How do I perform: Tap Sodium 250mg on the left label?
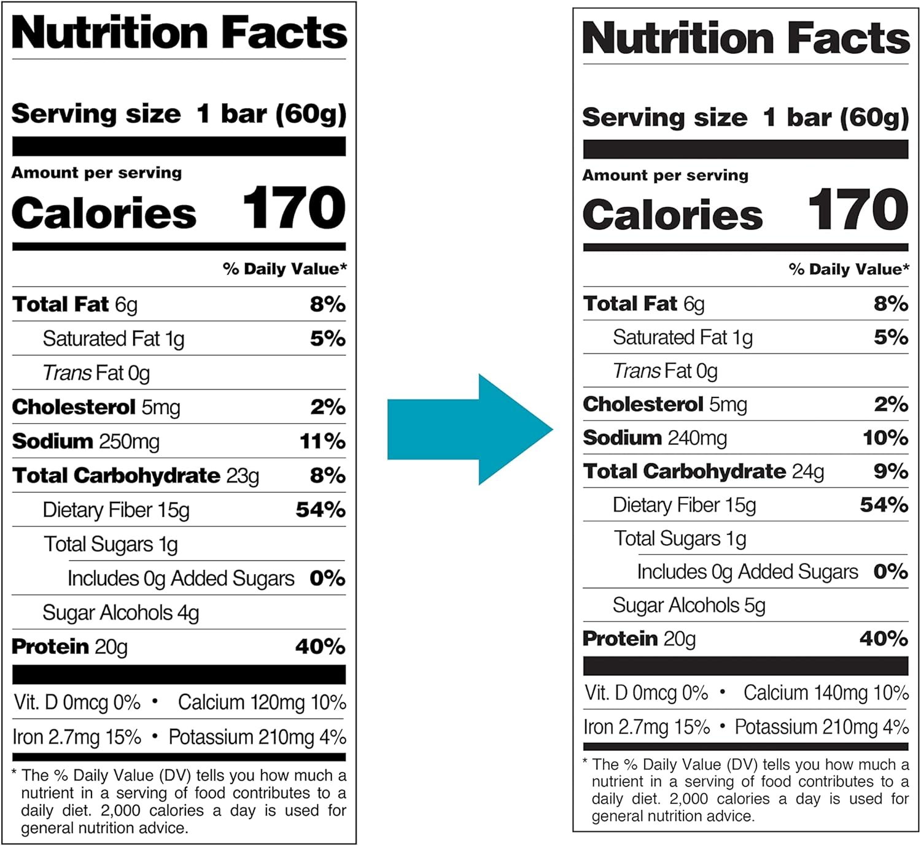[x=86, y=442]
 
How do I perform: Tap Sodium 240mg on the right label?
[x=655, y=438]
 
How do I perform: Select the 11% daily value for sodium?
[x=322, y=442]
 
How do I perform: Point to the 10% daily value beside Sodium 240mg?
[x=885, y=438]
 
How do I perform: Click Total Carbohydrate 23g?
[x=136, y=476]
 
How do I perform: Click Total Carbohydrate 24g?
[x=704, y=472]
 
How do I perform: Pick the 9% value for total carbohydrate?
[x=890, y=472]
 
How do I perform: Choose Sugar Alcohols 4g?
[x=121, y=613]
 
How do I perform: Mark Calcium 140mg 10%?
[x=826, y=693]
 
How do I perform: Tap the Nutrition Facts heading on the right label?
[x=745, y=39]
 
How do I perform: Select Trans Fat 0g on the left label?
[x=96, y=373]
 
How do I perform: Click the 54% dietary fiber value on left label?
[x=321, y=510]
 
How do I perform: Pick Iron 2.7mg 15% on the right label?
[x=647, y=728]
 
